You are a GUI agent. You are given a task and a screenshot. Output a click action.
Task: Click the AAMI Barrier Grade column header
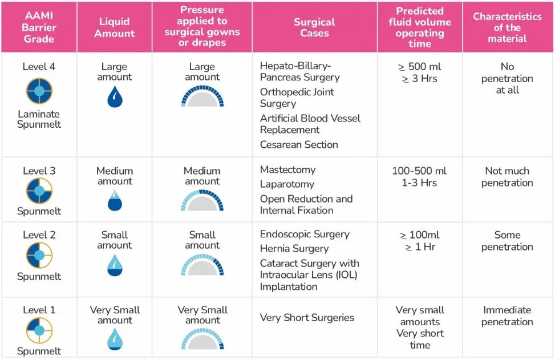coord(39,27)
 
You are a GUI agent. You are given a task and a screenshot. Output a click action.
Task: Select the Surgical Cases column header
coord(314,27)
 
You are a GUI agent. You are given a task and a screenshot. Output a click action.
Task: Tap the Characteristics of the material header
coord(507,27)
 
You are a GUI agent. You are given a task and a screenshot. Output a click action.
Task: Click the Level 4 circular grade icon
coord(39,91)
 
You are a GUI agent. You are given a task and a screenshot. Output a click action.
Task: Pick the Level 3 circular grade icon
coord(39,191)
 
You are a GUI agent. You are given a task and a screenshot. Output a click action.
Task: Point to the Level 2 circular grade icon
coord(39,256)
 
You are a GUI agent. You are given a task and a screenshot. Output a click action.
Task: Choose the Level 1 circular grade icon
coord(39,330)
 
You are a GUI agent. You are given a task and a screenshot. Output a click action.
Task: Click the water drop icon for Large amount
coord(115,97)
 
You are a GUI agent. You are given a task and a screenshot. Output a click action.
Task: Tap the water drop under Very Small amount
coord(115,339)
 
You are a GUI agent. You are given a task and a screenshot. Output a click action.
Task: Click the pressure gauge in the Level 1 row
coord(202,339)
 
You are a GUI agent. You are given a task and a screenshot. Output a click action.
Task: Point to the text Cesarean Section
coord(299,145)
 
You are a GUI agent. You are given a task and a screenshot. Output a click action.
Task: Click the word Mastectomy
coord(287,169)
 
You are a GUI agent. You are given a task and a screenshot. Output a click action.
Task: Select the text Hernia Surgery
coord(294,249)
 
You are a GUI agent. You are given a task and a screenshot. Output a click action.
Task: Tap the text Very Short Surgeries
coord(307,318)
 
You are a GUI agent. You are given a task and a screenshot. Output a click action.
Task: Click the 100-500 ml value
coord(419,171)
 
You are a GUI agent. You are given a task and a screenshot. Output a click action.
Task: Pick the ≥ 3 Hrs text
coord(419,79)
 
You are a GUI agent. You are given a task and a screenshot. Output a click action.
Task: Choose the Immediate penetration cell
coord(507,316)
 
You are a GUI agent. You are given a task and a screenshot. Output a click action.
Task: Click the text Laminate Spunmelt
coord(39,119)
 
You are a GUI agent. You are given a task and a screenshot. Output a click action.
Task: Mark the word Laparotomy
coord(287,184)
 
